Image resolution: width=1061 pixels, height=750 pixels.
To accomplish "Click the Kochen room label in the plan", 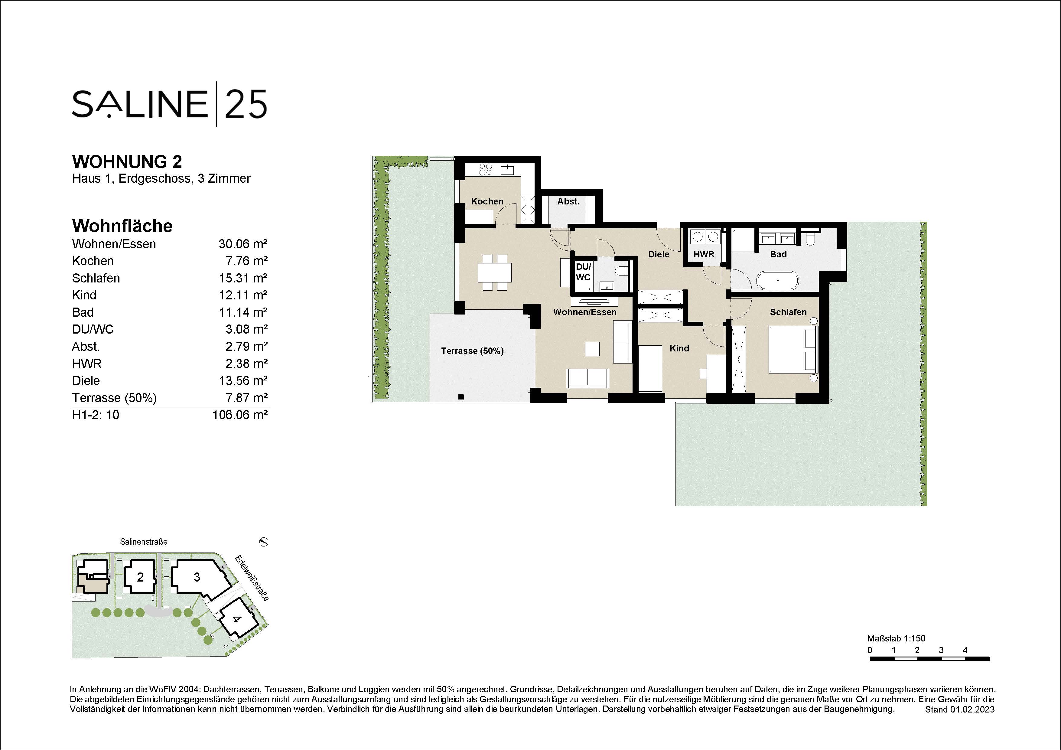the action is pos(487,201).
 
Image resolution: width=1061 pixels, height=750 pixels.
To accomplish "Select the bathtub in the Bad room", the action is pos(777,281).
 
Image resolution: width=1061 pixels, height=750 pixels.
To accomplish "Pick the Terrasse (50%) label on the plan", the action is pos(472,351).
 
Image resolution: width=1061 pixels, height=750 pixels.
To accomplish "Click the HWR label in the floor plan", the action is pos(704,254).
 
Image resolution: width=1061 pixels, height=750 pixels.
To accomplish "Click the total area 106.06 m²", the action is pos(240,415).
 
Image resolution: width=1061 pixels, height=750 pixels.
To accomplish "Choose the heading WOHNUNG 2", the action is pos(127,162).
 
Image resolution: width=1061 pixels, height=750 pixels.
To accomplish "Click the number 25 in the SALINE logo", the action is pos(246,104).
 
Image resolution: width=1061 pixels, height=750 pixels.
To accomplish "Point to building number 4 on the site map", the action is pos(236,619).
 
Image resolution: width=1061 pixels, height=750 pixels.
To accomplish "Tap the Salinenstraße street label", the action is pos(144,542).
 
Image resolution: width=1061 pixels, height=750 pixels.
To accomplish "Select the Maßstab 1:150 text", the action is pos(896,639).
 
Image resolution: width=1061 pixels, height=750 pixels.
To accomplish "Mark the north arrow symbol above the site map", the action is pos(264,542).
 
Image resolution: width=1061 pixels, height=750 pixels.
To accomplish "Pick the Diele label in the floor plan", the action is pos(659,254).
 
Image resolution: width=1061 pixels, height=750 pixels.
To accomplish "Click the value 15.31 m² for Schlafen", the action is pos(243,278).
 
